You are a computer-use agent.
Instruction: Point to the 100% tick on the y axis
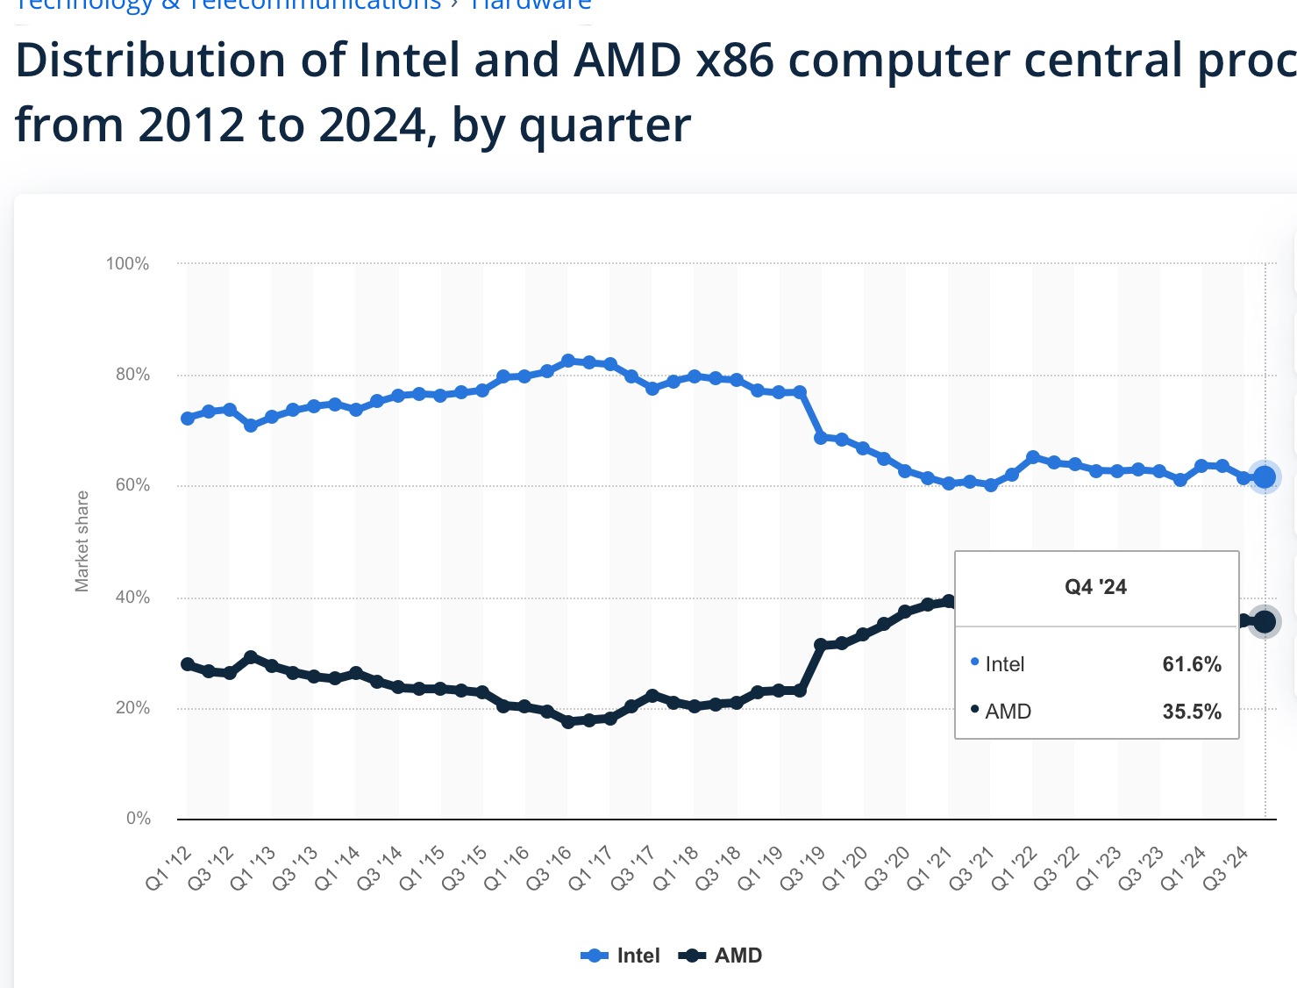128,264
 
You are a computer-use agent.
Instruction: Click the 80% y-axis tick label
132,375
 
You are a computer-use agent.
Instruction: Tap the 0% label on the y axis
139,819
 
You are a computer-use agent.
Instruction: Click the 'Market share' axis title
82,541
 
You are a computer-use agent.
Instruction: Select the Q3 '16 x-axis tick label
550,868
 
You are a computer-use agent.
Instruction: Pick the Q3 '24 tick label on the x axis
1227,868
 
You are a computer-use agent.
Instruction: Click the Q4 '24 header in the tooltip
1095,587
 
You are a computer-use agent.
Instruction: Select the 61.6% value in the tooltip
1192,664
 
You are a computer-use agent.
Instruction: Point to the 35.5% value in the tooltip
1192,712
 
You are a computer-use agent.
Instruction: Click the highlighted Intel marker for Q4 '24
1265,476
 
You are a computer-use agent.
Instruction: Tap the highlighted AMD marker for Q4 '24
1265,621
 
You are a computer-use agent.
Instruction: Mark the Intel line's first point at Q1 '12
188,419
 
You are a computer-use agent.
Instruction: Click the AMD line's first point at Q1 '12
188,664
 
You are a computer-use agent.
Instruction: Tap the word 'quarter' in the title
605,125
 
